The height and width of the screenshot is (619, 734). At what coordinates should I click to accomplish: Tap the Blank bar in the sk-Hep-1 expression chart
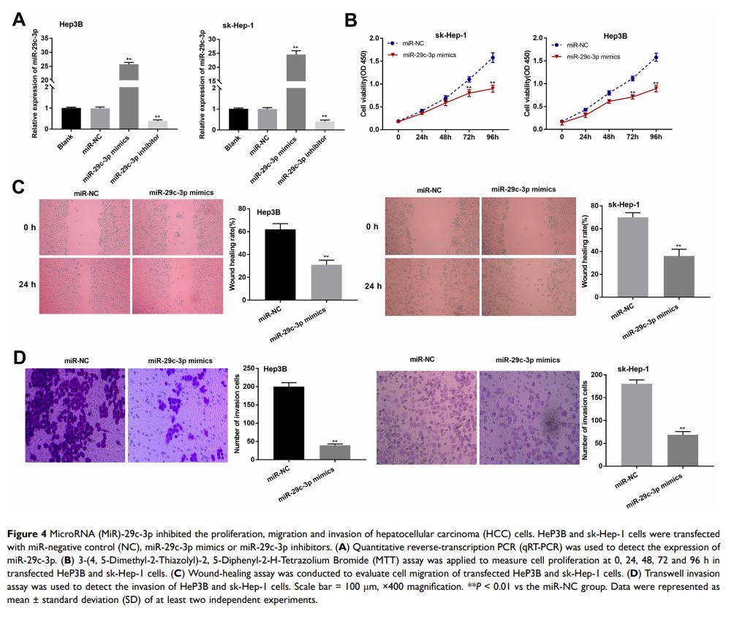238,118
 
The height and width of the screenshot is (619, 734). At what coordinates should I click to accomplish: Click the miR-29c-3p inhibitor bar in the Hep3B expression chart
157,124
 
